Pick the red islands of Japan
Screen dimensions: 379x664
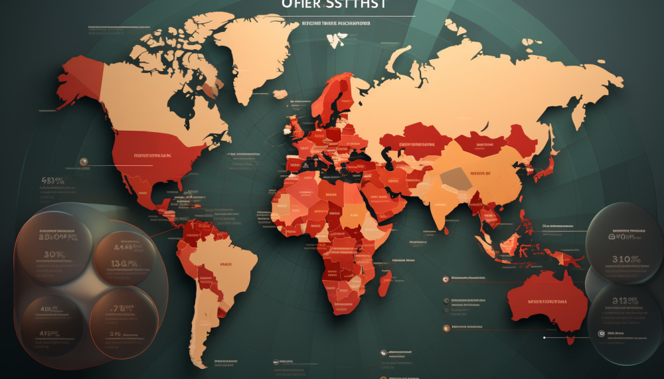(543, 169)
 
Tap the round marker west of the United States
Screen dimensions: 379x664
(84, 161)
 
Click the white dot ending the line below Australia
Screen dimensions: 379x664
(544, 337)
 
